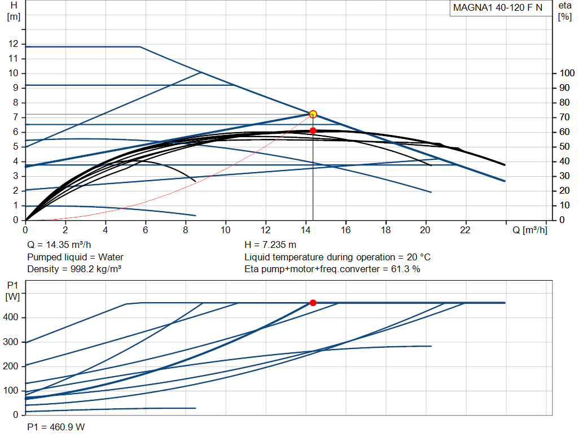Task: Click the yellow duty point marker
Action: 313,114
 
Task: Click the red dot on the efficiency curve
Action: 313,130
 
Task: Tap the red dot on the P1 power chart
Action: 313,303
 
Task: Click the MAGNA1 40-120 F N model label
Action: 498,8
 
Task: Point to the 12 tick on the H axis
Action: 14,44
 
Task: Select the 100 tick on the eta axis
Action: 567,73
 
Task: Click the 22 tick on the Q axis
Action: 465,230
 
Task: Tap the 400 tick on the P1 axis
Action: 10,317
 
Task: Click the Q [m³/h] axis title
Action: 529,230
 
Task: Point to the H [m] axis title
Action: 14,11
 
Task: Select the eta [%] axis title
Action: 564,11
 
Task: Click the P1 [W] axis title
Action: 12,291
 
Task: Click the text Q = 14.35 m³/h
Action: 59,245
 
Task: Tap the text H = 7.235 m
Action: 270,245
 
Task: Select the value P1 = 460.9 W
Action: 56,427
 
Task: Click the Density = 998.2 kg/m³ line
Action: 75,269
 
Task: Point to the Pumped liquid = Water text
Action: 75,257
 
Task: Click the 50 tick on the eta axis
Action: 564,147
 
